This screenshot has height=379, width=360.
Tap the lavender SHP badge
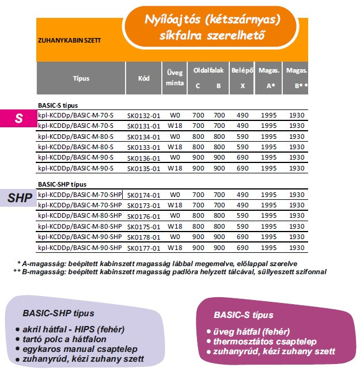[x=20, y=198]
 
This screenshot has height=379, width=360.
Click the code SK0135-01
[x=143, y=168]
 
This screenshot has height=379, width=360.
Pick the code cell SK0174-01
[x=143, y=195]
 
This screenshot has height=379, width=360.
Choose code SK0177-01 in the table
[x=143, y=248]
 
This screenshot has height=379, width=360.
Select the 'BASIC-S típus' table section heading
[x=58, y=105]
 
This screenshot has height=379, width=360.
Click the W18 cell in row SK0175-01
[x=175, y=227]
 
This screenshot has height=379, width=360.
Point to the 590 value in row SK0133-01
[x=242, y=147]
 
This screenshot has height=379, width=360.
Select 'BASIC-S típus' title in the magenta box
[x=243, y=316]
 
